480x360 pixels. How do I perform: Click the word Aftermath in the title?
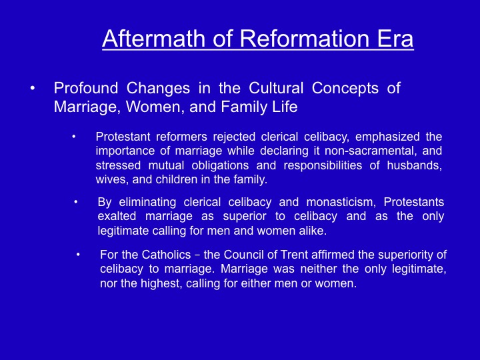pos(154,38)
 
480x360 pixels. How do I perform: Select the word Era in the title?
pos(395,38)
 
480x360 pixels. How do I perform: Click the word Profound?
pos(86,88)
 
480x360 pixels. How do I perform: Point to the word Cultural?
pos(276,88)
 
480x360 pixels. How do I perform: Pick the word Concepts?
pos(345,89)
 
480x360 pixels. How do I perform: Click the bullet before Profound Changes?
pos(33,89)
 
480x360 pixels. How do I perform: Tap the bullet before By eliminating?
pos(75,203)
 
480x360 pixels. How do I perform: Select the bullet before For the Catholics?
pos(78,255)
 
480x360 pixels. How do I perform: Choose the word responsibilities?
pos(323,165)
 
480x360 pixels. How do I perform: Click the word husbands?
pos(415,165)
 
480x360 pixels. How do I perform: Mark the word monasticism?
pos(341,203)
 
